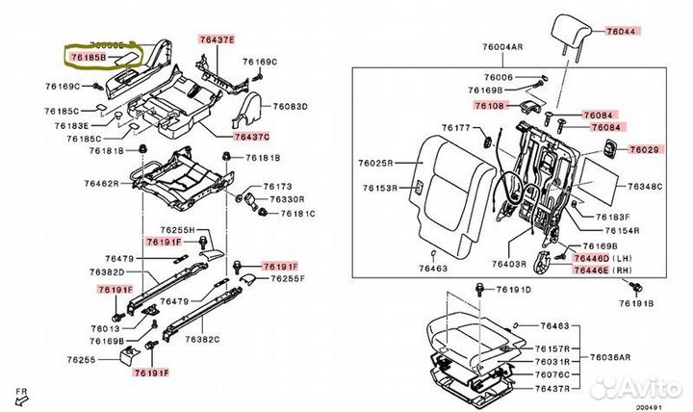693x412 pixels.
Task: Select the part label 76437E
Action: tap(217, 39)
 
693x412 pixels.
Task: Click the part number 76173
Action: tap(277, 185)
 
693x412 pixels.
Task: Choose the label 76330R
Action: tap(286, 199)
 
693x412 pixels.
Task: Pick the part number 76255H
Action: tap(177, 230)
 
